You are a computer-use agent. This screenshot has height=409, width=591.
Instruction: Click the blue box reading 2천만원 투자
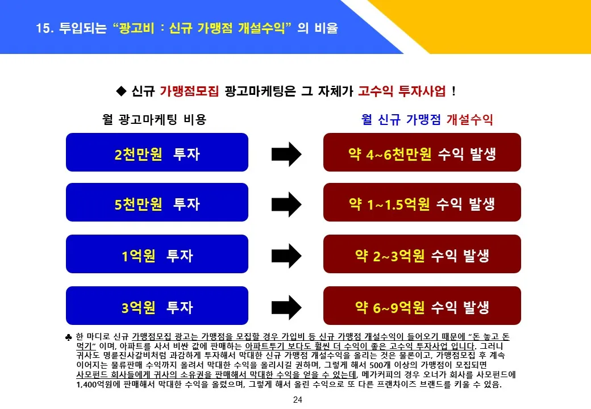[157, 152]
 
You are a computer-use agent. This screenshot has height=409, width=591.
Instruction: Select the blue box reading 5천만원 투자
[157, 202]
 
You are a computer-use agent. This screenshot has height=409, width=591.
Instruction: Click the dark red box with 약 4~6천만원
[422, 152]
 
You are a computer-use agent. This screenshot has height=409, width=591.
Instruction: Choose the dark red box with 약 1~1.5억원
[422, 202]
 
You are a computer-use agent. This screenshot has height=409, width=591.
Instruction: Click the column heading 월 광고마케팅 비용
[154, 120]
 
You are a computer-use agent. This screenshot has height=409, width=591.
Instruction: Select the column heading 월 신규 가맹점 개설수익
[427, 120]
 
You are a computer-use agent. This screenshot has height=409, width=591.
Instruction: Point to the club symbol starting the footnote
[69, 337]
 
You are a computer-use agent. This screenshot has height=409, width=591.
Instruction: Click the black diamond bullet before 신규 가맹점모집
[120, 91]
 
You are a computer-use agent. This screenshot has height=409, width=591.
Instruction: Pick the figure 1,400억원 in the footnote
[96, 385]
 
